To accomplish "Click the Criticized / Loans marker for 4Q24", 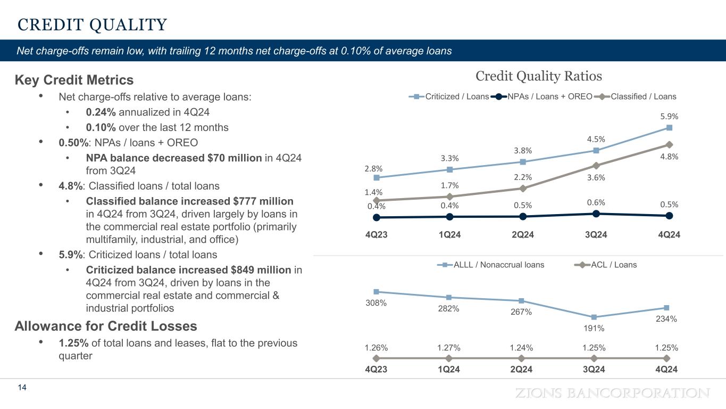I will pyautogui.click(x=669, y=127).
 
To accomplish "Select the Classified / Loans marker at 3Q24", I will pyautogui.click(x=596, y=166).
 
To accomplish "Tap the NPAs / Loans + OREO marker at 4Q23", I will pyautogui.click(x=377, y=217).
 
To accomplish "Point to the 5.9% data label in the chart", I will pyautogui.click(x=669, y=116).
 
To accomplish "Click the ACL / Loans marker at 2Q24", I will pyautogui.click(x=522, y=358).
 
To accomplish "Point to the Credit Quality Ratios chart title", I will pyautogui.click(x=538, y=76).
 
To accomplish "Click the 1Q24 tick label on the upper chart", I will pyautogui.click(x=449, y=235).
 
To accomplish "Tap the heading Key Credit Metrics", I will pyautogui.click(x=74, y=80).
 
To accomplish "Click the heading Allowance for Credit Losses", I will pyautogui.click(x=106, y=326).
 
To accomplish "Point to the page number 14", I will pyautogui.click(x=22, y=388).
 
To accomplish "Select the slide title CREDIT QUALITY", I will pyautogui.click(x=92, y=24).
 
